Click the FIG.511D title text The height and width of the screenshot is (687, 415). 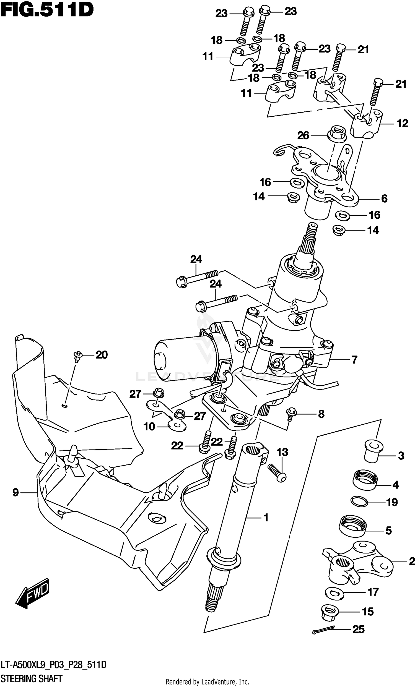click(46, 10)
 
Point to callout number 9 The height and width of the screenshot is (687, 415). click(15, 492)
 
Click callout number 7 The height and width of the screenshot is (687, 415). click(354, 360)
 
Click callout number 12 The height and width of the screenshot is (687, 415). click(403, 123)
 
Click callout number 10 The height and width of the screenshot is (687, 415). click(149, 427)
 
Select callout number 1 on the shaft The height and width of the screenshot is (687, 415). click(266, 518)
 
